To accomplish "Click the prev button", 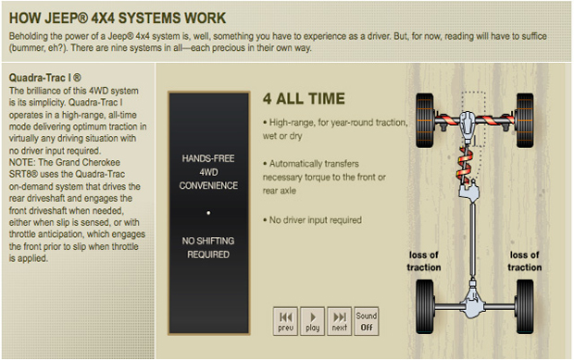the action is coord(285,321).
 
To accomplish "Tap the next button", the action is coord(340,321).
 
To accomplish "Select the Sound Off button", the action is coord(367,321).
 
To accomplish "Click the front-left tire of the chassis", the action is coord(425,120).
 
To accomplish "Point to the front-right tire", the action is coord(525,120).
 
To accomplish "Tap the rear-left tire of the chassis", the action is coord(425,306).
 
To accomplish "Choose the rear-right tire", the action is coord(525,306).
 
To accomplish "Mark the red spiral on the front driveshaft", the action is coord(464,164).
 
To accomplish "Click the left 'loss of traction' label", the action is coord(424,261).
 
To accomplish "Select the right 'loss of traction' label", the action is coord(525,261).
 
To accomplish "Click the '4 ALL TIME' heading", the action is coord(304,99).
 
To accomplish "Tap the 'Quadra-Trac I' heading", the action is coord(45,78).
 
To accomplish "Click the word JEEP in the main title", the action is coord(64,18).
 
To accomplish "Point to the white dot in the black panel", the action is coord(208,213).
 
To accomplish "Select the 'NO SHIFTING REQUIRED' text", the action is coord(208,248).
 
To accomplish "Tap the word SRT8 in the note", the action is coord(23,174).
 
